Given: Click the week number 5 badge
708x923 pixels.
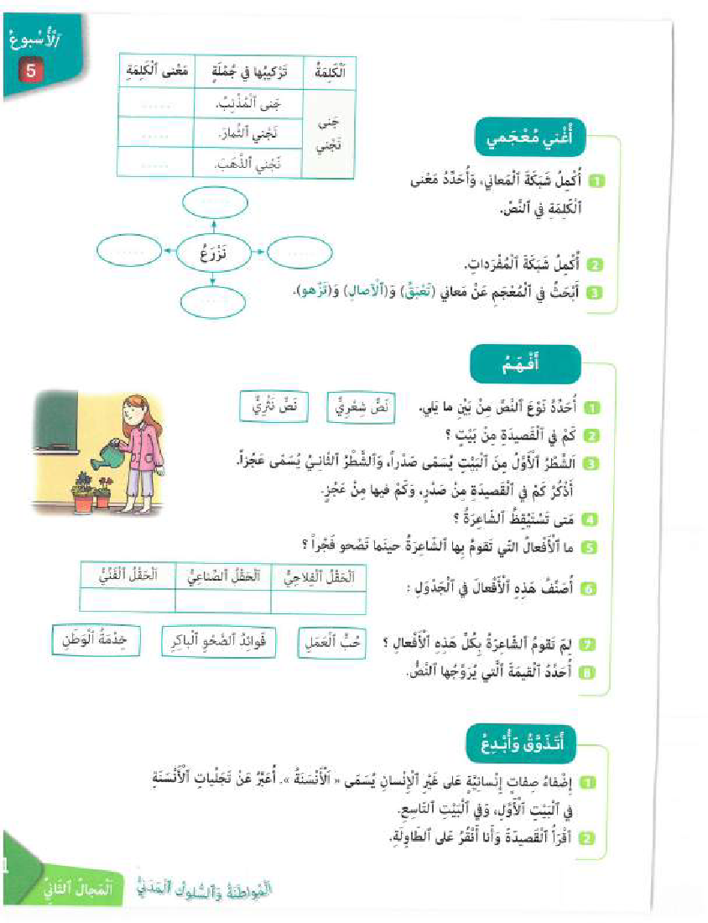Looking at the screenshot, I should click(x=30, y=70).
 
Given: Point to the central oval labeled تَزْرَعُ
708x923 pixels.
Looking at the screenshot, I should click(x=215, y=252).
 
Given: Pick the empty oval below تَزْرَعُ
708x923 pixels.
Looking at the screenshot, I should click(x=214, y=300).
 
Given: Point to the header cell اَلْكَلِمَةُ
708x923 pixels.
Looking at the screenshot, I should click(x=328, y=73).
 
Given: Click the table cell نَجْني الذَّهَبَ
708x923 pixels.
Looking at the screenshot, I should click(x=247, y=164).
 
